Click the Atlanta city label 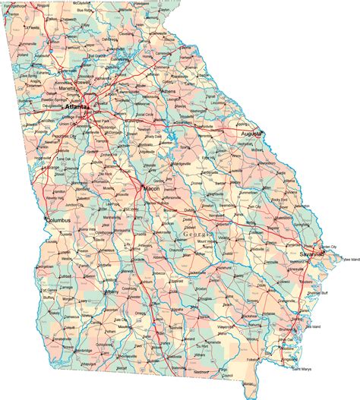pyautogui.click(x=77, y=107)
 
